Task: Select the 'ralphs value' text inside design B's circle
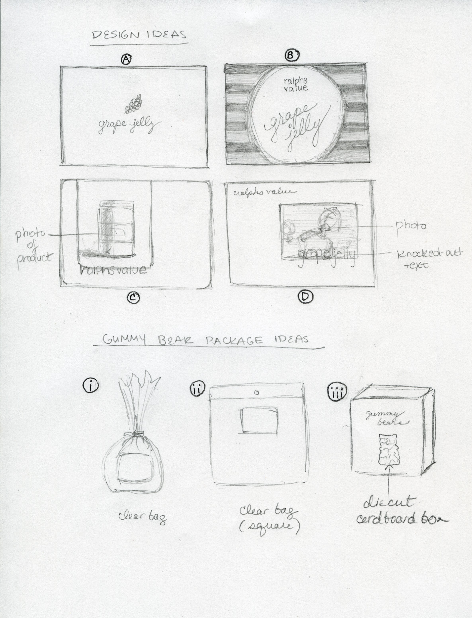pyautogui.click(x=296, y=84)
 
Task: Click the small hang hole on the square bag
pyautogui.click(x=257, y=392)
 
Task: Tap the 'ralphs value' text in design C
pyautogui.click(x=113, y=270)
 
